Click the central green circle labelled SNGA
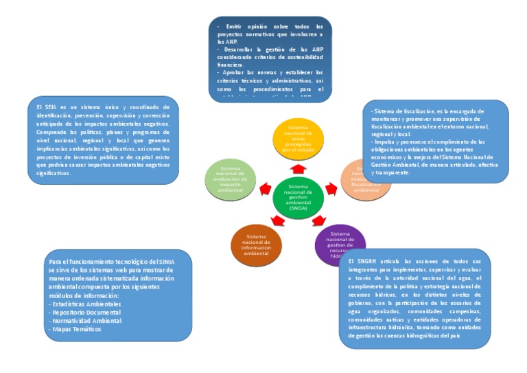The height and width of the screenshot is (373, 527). click(x=298, y=197)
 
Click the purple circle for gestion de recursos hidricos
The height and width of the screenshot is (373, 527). click(x=336, y=242)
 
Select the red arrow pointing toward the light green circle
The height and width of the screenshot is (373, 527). click(x=265, y=188)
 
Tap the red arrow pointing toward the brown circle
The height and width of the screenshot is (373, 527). click(x=278, y=221)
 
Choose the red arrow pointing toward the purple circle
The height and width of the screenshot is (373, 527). click(x=318, y=221)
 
